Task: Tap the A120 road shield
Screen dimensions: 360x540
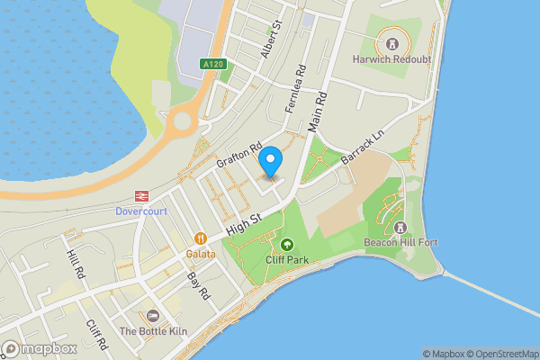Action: pyautogui.click(x=212, y=65)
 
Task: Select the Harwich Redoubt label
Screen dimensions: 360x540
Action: pyautogui.click(x=391, y=60)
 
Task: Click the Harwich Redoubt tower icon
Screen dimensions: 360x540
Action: pyautogui.click(x=391, y=42)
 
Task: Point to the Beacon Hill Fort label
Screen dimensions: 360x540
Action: pyautogui.click(x=400, y=242)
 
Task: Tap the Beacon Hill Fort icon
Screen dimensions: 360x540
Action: pyautogui.click(x=400, y=226)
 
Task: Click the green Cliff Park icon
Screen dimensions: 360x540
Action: pyautogui.click(x=287, y=244)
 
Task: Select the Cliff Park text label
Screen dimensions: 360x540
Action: pyautogui.click(x=287, y=259)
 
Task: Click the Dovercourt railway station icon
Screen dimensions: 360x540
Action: pyautogui.click(x=141, y=195)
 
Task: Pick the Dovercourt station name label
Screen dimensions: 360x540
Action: pyautogui.click(x=141, y=211)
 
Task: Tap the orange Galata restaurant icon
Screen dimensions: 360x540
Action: pyautogui.click(x=201, y=238)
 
